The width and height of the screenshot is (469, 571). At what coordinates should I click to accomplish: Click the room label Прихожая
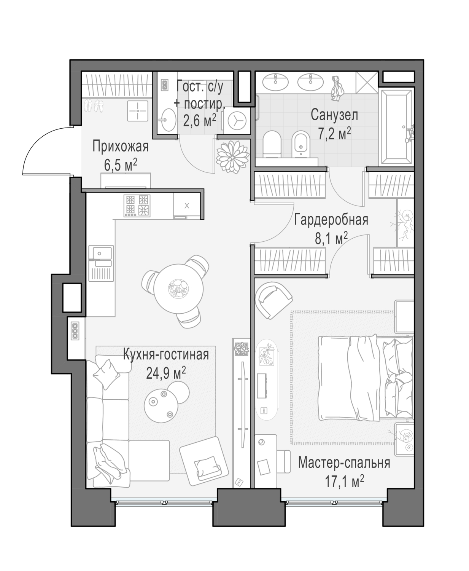[121, 147]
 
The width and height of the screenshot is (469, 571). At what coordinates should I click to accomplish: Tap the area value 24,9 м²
[166, 373]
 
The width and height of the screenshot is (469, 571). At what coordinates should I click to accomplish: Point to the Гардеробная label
[331, 220]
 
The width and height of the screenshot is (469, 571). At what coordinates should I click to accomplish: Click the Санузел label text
[334, 115]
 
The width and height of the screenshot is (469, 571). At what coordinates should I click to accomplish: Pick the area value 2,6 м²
[200, 121]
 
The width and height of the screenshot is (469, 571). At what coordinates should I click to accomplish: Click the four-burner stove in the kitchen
[137, 206]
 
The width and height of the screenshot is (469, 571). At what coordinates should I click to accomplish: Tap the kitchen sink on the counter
[101, 263]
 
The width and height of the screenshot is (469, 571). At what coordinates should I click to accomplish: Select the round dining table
[178, 289]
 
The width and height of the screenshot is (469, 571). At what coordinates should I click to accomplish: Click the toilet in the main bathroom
[272, 144]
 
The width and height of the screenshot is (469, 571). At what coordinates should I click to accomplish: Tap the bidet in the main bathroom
[301, 144]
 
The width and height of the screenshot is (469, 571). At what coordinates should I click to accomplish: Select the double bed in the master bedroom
[366, 378]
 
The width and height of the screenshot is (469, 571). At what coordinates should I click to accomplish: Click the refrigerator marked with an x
[187, 206]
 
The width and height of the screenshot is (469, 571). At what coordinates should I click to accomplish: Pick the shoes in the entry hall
[94, 105]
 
